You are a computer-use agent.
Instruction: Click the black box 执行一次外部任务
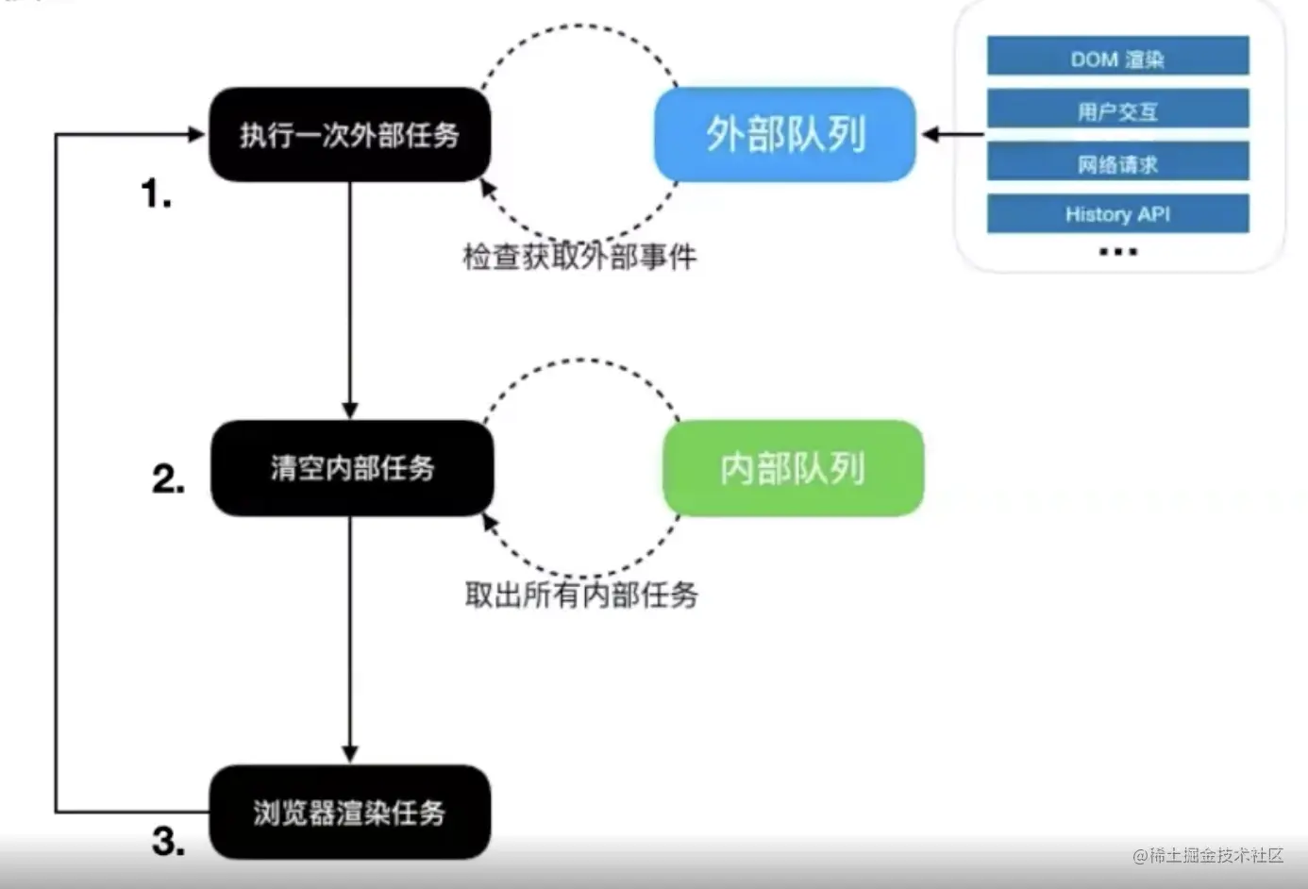pos(349,135)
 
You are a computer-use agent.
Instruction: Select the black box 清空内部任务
pos(352,468)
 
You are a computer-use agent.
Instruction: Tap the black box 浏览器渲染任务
pos(349,812)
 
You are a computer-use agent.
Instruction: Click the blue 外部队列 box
pos(785,134)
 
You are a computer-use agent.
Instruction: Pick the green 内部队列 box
pos(793,468)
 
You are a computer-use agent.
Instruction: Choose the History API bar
pos(1117,214)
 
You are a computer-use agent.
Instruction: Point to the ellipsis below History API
pos(1118,251)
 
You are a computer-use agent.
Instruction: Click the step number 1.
pos(156,194)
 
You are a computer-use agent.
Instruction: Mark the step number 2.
pos(168,479)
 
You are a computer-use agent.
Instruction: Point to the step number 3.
pos(168,841)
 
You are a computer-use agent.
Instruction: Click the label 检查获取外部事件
pos(579,257)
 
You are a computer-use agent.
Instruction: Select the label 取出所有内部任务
pos(581,595)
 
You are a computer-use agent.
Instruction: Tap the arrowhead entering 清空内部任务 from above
pos(350,411)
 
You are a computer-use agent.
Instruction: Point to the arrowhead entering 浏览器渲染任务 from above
pos(350,754)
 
